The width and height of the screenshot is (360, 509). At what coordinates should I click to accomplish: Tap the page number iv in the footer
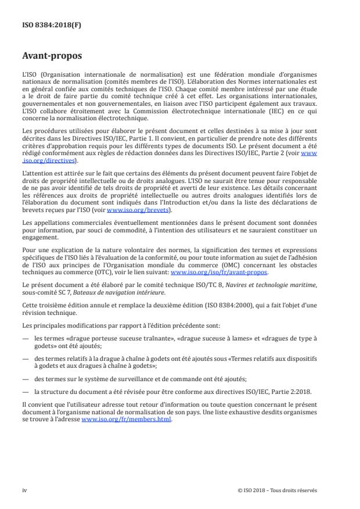25,490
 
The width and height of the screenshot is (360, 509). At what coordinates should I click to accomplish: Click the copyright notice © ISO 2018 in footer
278,490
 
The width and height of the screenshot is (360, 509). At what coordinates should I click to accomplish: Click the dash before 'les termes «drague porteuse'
26,338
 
